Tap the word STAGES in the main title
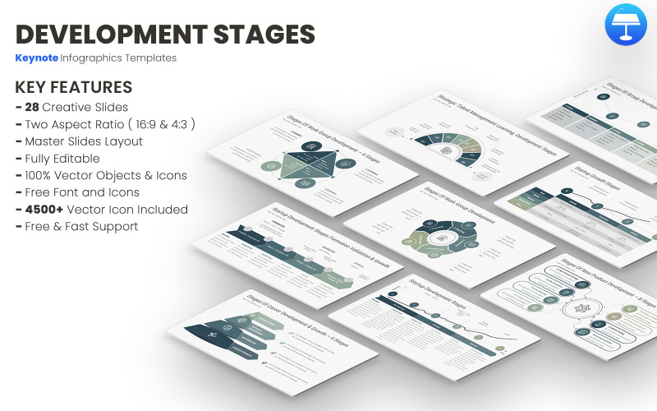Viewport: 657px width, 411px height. click(x=266, y=34)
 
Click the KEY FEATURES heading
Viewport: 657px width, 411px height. click(x=74, y=87)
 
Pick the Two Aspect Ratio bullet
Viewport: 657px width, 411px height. click(x=109, y=124)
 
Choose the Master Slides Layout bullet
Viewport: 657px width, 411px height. click(x=84, y=141)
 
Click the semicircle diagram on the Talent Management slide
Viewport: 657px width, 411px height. click(x=448, y=148)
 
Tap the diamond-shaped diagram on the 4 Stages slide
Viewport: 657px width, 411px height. click(x=310, y=163)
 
